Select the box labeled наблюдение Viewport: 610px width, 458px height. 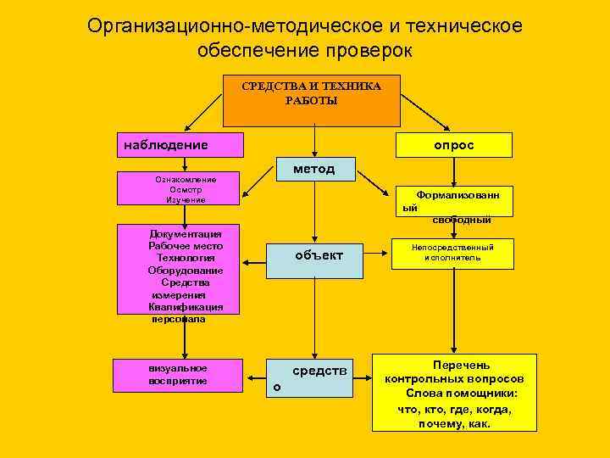click(179, 145)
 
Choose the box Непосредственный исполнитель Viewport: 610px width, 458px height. click(452, 252)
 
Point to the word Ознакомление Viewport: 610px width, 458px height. click(186, 179)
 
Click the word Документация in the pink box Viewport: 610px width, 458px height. click(186, 233)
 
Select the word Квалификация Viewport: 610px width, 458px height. click(186, 307)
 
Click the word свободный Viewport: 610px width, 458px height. click(461, 220)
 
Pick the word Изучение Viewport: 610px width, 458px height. click(186, 199)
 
